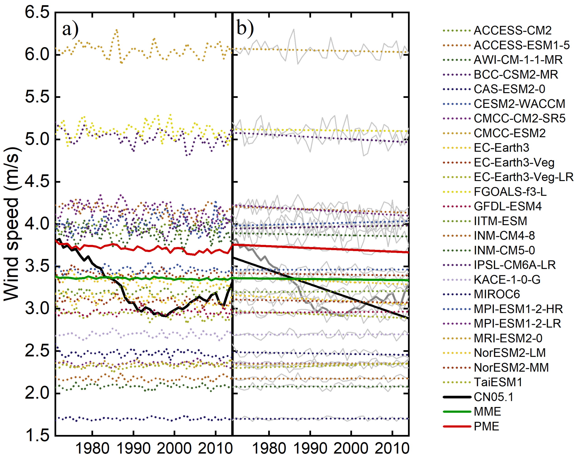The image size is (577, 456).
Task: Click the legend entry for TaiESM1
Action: pyautogui.click(x=498, y=382)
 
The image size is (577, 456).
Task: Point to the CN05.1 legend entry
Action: pyautogui.click(x=493, y=397)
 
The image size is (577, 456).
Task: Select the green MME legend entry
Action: pyautogui.click(x=487, y=412)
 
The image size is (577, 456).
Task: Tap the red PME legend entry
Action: pyautogui.click(x=486, y=426)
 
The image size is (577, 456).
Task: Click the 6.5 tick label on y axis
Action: pyautogui.click(x=37, y=12)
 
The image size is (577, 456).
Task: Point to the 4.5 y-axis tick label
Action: pyautogui.click(x=37, y=182)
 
